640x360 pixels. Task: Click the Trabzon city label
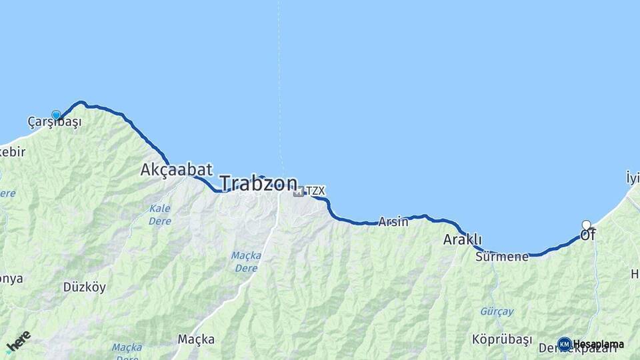coord(259,183)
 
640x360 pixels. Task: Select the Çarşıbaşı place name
coord(55,122)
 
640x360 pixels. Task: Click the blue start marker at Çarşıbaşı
coord(56,115)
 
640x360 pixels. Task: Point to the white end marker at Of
coord(586,225)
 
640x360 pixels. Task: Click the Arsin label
coord(393,222)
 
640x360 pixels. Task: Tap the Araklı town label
coord(463,240)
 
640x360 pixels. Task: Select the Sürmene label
coord(502,256)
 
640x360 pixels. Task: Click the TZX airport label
coord(315,191)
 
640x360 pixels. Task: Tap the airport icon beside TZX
coord(298,192)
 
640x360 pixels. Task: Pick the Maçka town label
coord(196,339)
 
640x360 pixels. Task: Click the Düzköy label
coord(84,287)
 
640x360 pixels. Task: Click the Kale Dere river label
coord(160,215)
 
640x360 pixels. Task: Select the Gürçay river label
coord(497,311)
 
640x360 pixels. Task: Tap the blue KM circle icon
coord(564,344)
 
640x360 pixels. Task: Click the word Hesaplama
coord(598,344)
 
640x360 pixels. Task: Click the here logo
coord(18,341)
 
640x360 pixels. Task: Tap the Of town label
coord(587,235)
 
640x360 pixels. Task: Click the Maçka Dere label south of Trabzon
coord(247,261)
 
